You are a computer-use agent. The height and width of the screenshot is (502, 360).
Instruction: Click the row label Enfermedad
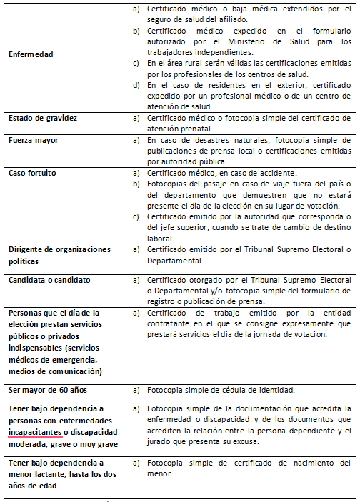click(x=30, y=54)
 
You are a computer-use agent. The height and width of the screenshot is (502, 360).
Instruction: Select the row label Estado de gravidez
click(x=43, y=117)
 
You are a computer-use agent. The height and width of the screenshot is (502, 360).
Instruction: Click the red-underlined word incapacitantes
click(x=36, y=431)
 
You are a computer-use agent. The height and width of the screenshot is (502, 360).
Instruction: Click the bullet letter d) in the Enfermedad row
click(x=136, y=85)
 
